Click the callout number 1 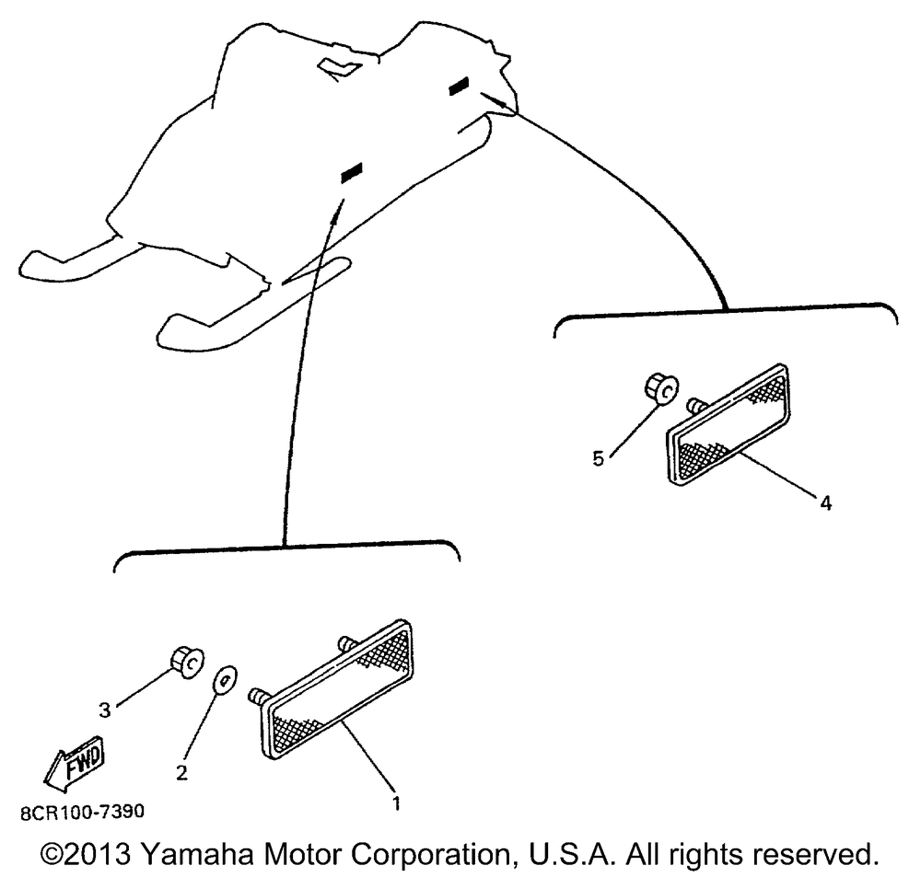[396, 803]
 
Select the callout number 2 [182, 773]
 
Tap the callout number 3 [105, 710]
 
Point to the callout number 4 [826, 503]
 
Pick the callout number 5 [598, 458]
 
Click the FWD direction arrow [75, 760]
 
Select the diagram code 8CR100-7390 [82, 812]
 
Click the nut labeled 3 [187, 663]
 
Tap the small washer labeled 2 [225, 680]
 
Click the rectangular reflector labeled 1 [336, 690]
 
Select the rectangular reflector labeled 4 [728, 424]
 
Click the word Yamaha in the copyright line [197, 855]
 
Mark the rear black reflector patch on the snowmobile [459, 86]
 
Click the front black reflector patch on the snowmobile [352, 173]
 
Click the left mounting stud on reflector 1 [259, 695]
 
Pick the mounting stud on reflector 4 [696, 405]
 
